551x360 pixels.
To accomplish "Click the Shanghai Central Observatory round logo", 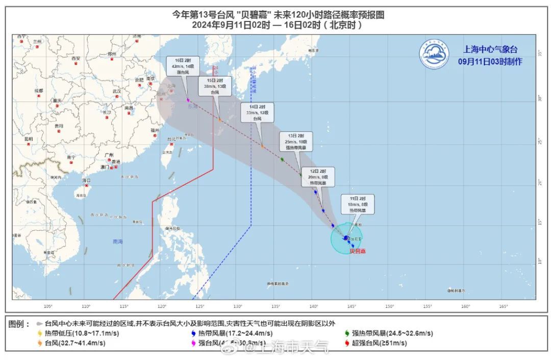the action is point(434,54).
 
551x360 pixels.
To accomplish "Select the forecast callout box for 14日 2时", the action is point(258,112).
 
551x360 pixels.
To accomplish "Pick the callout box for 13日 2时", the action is point(296,141).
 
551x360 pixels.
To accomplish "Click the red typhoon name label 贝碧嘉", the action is point(358,251).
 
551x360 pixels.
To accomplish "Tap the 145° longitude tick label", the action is point(352,306).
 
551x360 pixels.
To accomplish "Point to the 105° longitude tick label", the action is point(48,306).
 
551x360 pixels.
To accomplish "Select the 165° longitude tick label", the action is point(504,306).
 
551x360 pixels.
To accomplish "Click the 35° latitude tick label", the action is point(540,53).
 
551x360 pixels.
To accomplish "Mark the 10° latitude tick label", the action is point(540,260).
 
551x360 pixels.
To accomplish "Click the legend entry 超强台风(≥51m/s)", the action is point(378,343).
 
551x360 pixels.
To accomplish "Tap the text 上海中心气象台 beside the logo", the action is point(490,50).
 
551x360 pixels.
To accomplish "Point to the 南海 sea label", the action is point(118,242).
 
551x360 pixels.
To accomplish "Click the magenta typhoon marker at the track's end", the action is point(188,100).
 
